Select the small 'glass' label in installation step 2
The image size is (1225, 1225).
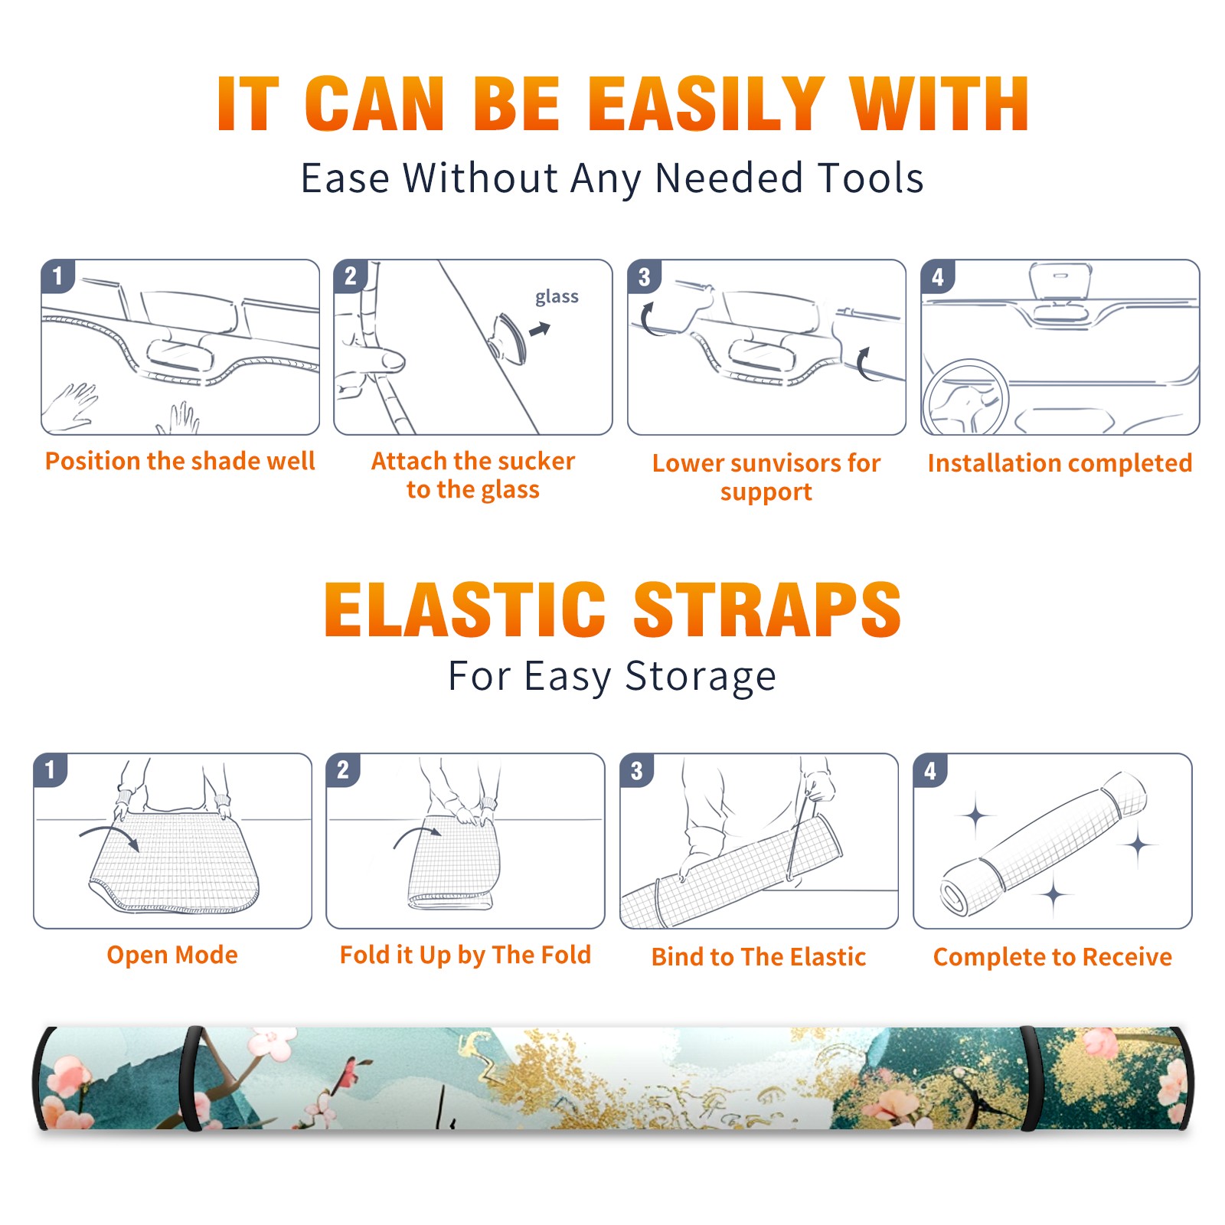(557, 297)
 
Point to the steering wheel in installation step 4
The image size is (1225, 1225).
(965, 398)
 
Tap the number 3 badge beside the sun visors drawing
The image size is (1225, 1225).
(644, 277)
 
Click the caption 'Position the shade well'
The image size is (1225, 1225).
(180, 461)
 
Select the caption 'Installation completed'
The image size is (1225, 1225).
(1060, 462)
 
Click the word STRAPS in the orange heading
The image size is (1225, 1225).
(767, 609)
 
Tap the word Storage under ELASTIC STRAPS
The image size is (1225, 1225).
(701, 676)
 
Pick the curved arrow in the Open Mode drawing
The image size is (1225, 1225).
(109, 837)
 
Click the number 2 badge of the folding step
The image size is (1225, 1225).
(343, 769)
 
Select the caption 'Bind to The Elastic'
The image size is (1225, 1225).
(758, 956)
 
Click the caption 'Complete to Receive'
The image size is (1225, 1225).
(1053, 956)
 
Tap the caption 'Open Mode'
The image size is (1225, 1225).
(172, 955)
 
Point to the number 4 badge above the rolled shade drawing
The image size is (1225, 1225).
(930, 770)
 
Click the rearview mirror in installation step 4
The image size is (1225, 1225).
(1060, 283)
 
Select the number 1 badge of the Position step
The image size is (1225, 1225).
(57, 276)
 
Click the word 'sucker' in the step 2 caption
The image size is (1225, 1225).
(536, 461)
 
